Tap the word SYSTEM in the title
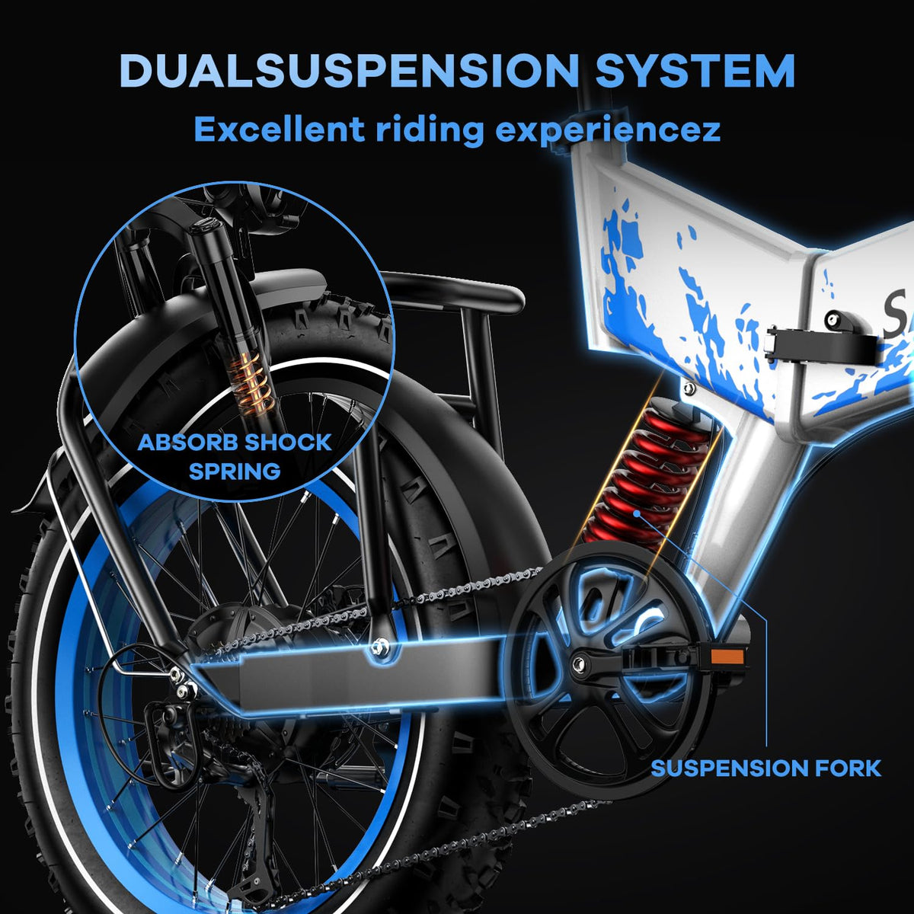click(x=695, y=70)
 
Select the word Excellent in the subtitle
click(x=277, y=129)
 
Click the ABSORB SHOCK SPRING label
click(x=235, y=456)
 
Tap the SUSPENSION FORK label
click(x=765, y=768)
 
